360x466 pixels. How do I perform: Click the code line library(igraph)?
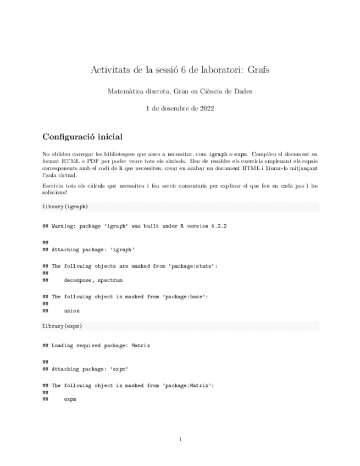pos(65,207)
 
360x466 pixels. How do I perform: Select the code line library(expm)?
pos(62,326)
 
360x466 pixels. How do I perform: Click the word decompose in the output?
pos(77,280)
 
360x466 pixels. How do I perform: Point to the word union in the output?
pos(71,310)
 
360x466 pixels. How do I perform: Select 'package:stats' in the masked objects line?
pos(188,265)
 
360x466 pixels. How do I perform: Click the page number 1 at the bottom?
pos(180,439)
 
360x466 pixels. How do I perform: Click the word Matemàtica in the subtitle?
pos(124,92)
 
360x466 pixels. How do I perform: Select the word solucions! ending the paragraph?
pos(54,192)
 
